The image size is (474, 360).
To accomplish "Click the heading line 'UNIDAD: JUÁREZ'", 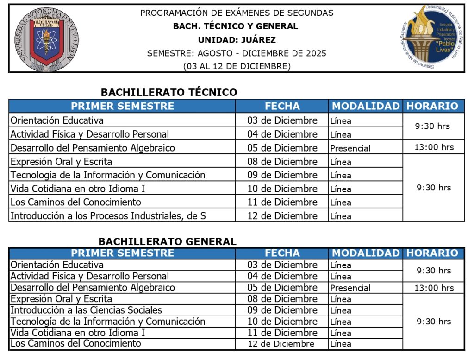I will [x=237, y=40].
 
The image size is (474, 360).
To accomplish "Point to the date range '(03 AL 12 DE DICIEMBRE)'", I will [x=237, y=66].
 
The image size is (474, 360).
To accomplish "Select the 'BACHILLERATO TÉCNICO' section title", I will [x=169, y=92].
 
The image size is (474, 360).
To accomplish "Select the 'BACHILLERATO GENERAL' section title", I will [x=167, y=241].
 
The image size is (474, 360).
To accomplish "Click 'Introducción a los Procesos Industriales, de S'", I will [x=108, y=215].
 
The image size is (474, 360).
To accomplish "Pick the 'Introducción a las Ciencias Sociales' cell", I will [x=86, y=310].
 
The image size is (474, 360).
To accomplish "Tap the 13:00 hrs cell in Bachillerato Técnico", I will [x=434, y=147].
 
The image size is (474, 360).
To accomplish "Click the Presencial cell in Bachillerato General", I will [x=350, y=288].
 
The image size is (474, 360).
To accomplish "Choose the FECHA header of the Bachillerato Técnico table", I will [x=282, y=106].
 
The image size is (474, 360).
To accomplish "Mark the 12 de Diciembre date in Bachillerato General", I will [x=281, y=344].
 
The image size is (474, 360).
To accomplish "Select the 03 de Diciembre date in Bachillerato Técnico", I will [x=282, y=120].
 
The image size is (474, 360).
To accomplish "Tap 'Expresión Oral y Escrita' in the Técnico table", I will [x=61, y=162].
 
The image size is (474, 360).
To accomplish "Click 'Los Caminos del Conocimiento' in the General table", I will [x=75, y=343].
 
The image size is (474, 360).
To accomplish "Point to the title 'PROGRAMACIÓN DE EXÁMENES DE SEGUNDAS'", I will [x=237, y=13].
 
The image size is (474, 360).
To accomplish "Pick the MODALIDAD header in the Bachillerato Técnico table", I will [x=366, y=106].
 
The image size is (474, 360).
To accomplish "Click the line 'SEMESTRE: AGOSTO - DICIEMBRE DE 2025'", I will [x=237, y=53].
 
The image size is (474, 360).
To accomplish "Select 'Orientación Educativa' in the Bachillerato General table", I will [x=57, y=265].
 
